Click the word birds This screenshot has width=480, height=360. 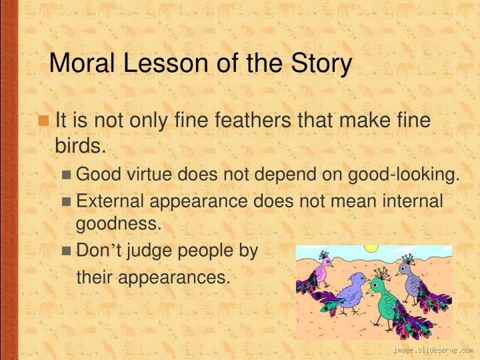(x=81, y=145)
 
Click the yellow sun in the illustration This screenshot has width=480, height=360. (x=371, y=249)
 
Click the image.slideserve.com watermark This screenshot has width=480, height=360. (x=433, y=350)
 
